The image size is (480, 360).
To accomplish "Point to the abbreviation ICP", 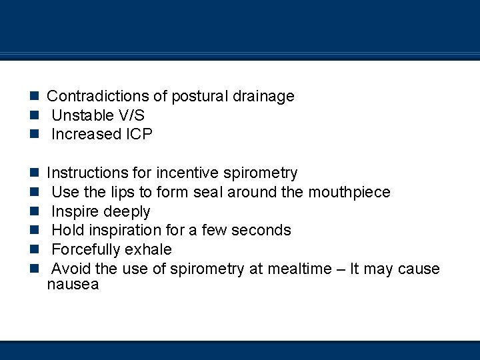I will (139, 134).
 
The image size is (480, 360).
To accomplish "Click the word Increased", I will (85, 134).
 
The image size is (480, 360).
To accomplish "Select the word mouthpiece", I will (349, 193).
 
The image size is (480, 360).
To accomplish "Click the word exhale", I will (149, 250).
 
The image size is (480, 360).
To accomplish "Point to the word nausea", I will (73, 285).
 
